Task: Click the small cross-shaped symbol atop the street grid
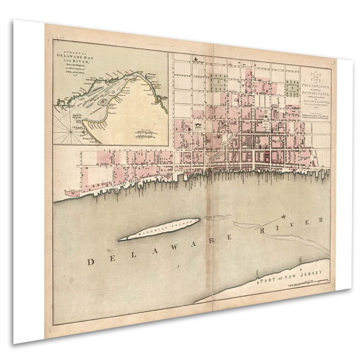(195, 58)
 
